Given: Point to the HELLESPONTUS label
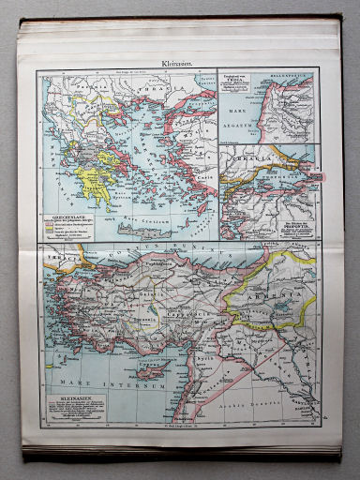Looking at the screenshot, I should tap(292, 72).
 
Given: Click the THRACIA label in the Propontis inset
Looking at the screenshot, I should tap(251, 161).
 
